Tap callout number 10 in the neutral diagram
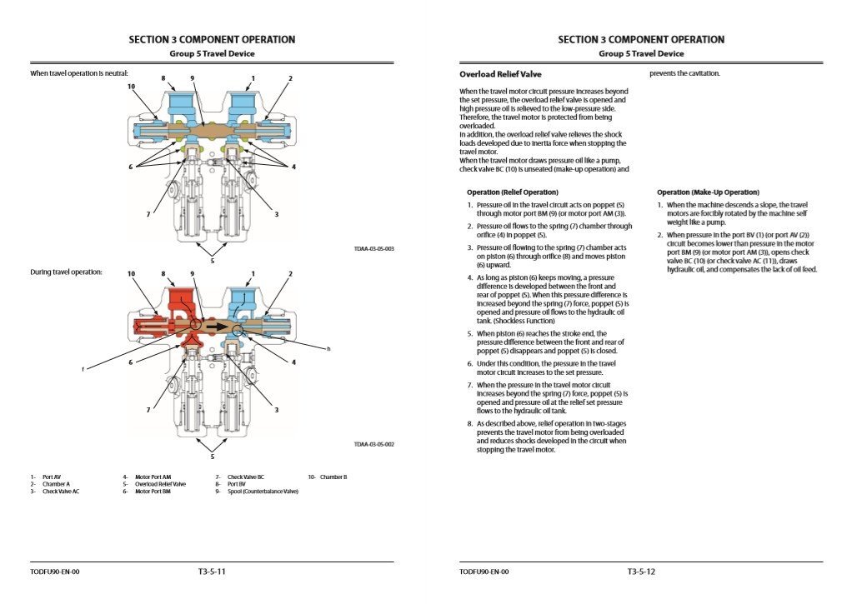click(x=131, y=86)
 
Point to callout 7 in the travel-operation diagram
click(x=148, y=409)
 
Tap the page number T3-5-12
click(x=641, y=572)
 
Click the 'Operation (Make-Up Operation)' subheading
click(x=708, y=192)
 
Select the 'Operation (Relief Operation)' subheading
click(x=513, y=192)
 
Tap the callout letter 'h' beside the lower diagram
click(x=328, y=348)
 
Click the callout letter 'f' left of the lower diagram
click(x=82, y=368)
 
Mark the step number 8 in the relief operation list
click(x=470, y=423)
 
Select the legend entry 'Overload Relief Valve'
click(x=160, y=483)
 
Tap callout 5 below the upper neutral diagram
click(x=213, y=260)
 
